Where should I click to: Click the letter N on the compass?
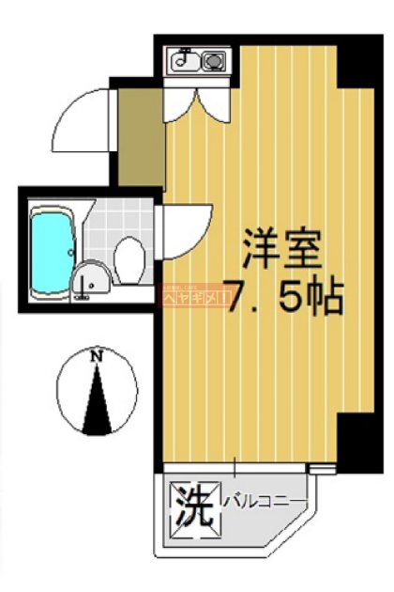(x=96, y=356)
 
